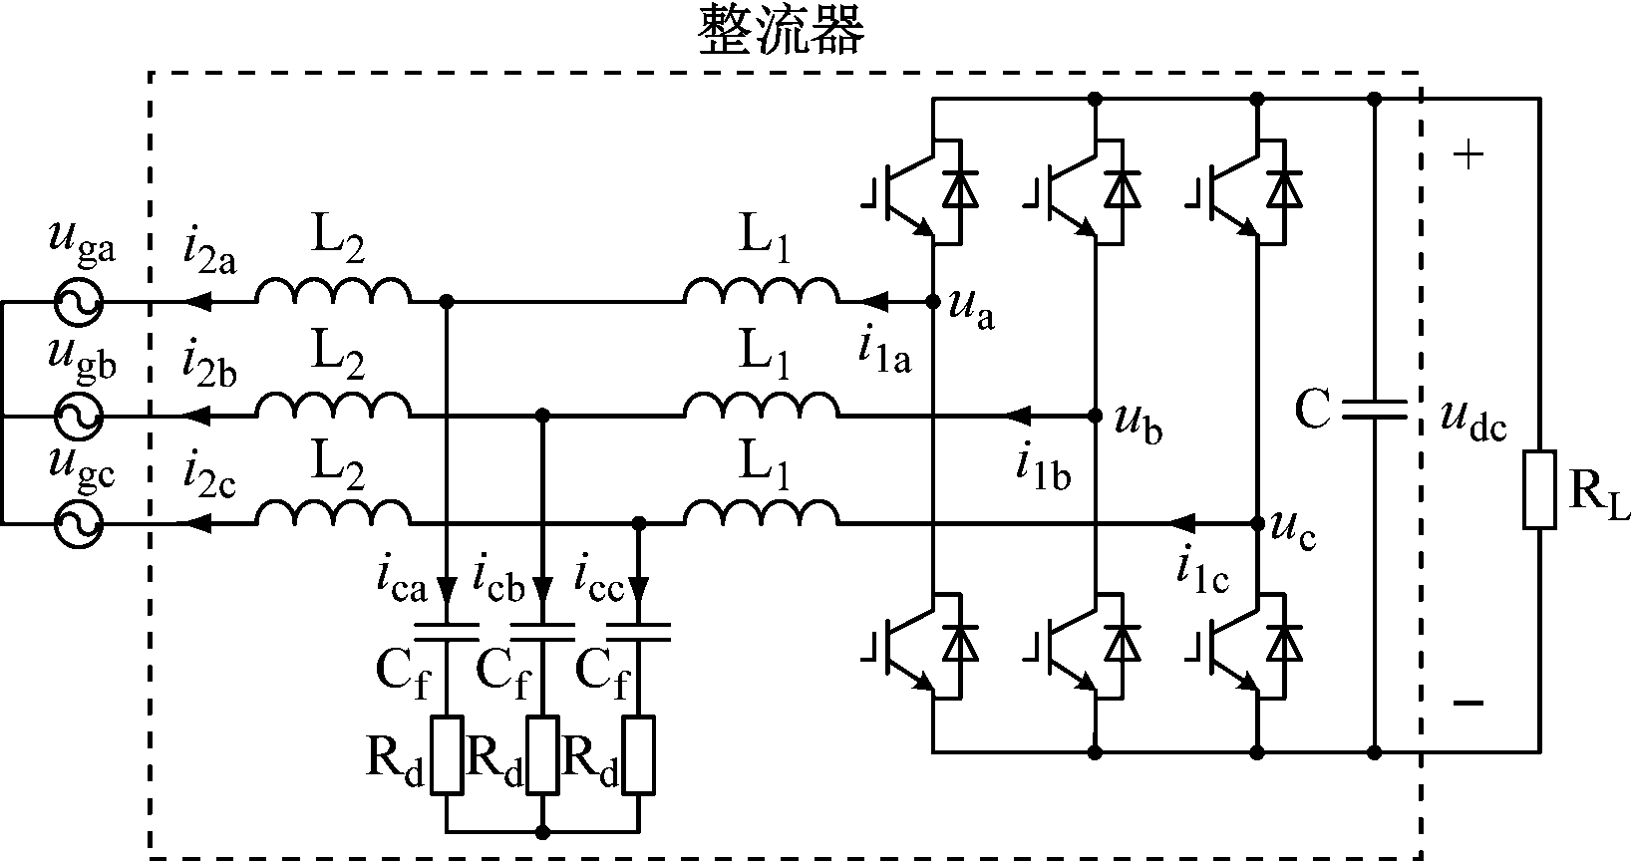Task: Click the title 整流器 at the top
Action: (781, 31)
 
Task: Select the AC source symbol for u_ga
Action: (78, 301)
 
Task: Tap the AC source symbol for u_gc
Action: (78, 522)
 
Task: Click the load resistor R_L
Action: (1539, 489)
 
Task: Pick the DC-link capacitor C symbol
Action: (1375, 409)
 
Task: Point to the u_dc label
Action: (1473, 423)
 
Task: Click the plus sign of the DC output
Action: (1469, 155)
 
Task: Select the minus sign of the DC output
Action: (1468, 704)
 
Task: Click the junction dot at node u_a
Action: (933, 301)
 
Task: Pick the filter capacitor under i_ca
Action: (447, 632)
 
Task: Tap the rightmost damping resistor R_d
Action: (639, 754)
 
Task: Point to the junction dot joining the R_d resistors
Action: (542, 830)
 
